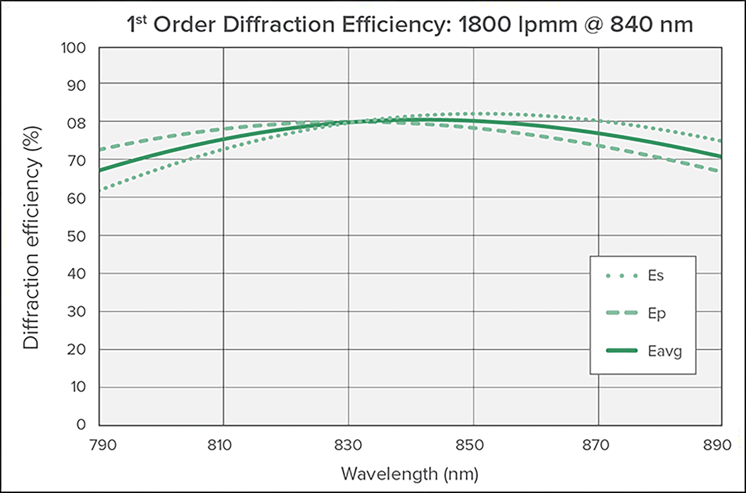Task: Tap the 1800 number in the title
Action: pos(484,24)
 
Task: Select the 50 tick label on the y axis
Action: pos(76,237)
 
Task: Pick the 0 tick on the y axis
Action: pos(81,425)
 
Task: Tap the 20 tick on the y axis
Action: pos(76,349)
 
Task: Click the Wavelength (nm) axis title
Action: pos(409,474)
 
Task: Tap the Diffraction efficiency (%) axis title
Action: pos(32,238)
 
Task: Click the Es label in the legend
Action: pos(656,276)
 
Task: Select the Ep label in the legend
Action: pos(657,314)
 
